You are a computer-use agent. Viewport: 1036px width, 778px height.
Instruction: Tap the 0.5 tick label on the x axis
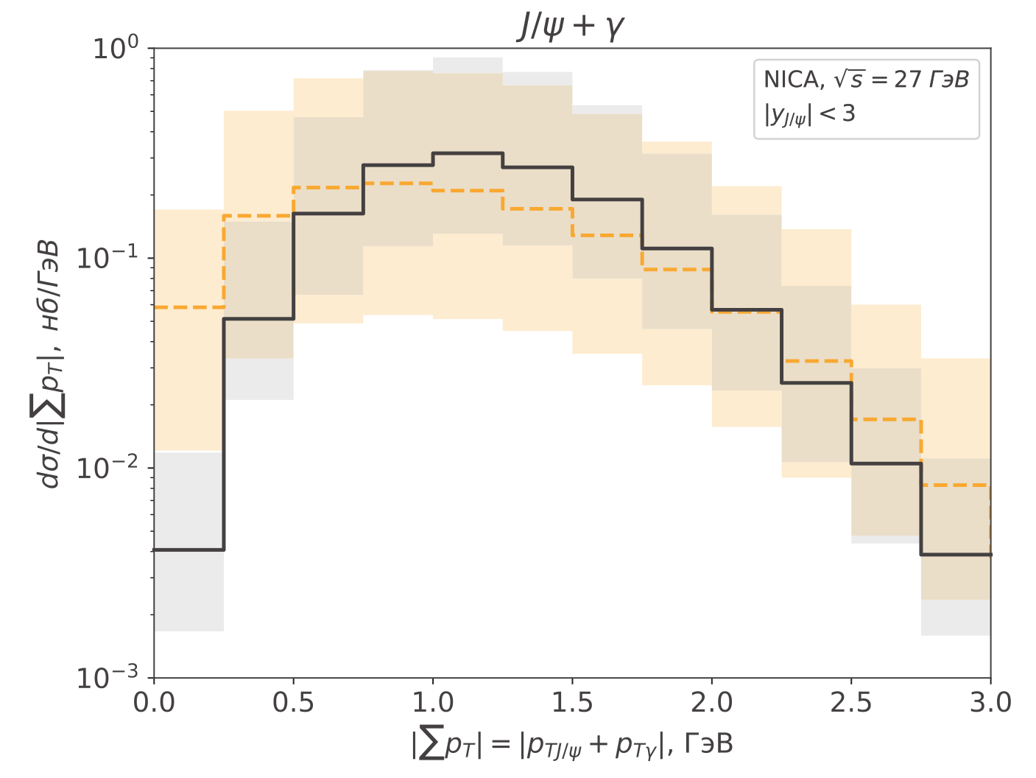pyautogui.click(x=293, y=703)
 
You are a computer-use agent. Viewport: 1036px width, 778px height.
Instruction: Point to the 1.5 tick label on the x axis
pyautogui.click(x=572, y=703)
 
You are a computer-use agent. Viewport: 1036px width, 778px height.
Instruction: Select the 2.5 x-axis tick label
pyautogui.click(x=851, y=703)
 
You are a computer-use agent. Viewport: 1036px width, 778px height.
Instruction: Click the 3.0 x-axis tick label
pyautogui.click(x=990, y=703)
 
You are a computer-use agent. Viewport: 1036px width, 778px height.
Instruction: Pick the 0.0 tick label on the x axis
pyautogui.click(x=154, y=703)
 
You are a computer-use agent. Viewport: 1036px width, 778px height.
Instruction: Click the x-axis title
pyautogui.click(x=572, y=745)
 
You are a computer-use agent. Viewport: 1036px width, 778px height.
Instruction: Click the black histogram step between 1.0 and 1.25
pyautogui.click(x=468, y=153)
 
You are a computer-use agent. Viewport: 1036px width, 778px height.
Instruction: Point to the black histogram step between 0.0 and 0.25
pyautogui.click(x=188, y=550)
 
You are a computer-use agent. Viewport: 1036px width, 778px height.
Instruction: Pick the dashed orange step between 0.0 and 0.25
pyautogui.click(x=188, y=306)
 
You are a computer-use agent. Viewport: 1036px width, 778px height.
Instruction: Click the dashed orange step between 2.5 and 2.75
pyautogui.click(x=886, y=419)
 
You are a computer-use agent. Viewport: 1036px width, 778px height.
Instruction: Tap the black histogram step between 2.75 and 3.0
pyautogui.click(x=956, y=554)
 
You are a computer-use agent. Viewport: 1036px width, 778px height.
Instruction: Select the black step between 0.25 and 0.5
pyautogui.click(x=258, y=318)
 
